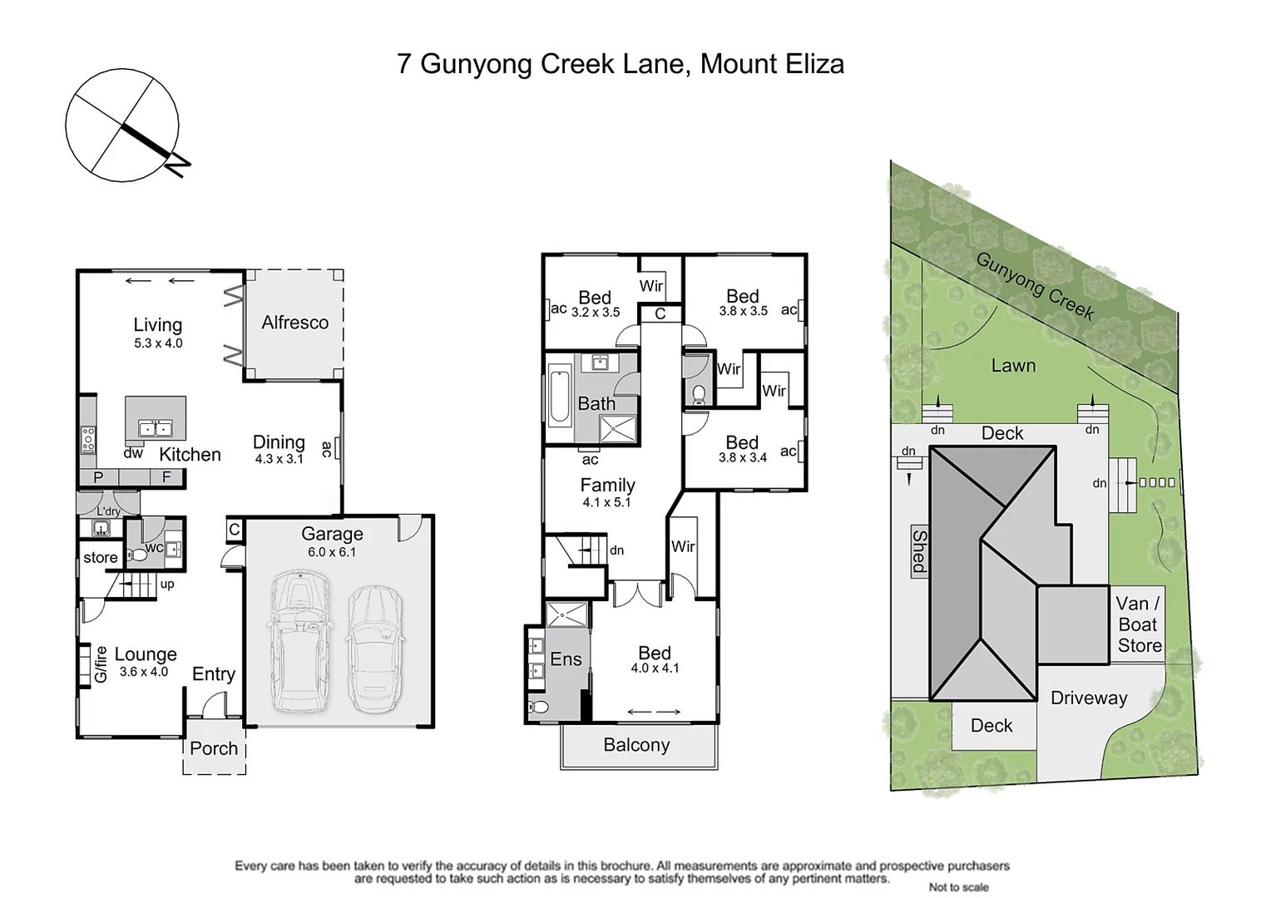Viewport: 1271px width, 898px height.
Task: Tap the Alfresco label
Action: point(294,323)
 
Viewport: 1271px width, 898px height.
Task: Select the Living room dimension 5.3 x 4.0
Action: point(158,343)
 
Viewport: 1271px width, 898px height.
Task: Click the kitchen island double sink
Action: point(155,429)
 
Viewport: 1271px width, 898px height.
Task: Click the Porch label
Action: point(214,748)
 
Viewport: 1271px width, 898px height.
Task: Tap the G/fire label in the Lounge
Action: point(101,664)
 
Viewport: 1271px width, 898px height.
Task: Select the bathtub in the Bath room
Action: point(558,399)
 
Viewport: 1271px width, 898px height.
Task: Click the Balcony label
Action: point(636,745)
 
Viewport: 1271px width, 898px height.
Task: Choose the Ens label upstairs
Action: point(566,659)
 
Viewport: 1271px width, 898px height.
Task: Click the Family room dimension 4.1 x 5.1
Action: point(606,503)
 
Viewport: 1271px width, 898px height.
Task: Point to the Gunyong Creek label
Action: point(1035,286)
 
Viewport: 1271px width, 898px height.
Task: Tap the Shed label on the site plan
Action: point(919,550)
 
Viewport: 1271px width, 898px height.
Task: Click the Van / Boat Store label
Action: point(1139,624)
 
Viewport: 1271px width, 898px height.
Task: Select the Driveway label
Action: point(1088,698)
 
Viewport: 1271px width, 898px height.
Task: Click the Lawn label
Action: point(1013,366)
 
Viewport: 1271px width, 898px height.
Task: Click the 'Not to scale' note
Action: point(958,887)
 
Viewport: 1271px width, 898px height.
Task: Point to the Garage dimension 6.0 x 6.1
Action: point(332,552)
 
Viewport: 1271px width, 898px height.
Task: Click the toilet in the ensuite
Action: point(539,708)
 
